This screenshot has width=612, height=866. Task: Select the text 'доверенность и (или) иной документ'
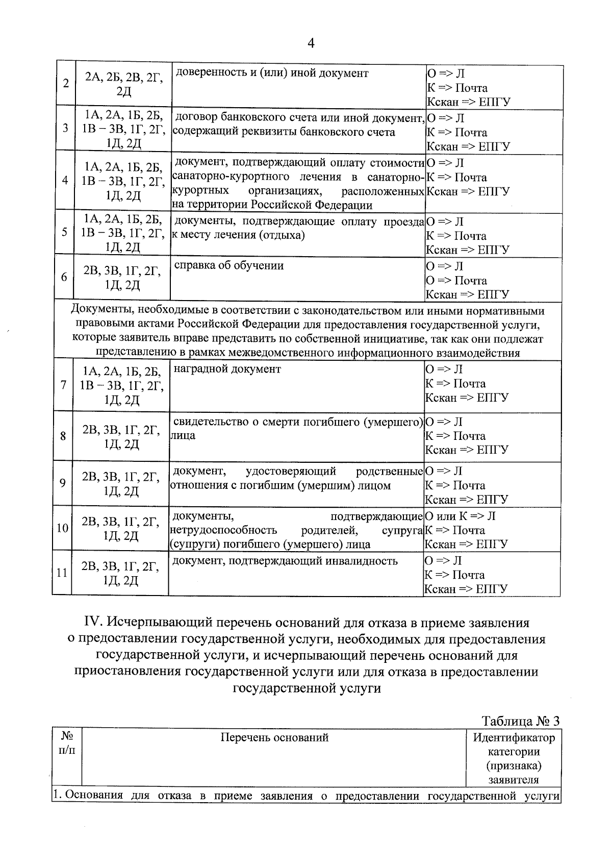pyautogui.click(x=271, y=73)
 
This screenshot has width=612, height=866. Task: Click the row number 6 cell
pyautogui.click(x=64, y=277)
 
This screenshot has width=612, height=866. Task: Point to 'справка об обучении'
pyautogui.click(x=229, y=266)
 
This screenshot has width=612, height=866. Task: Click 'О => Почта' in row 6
pyautogui.click(x=456, y=281)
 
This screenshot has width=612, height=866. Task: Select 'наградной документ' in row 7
pyautogui.click(x=227, y=369)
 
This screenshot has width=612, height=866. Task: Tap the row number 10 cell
pyautogui.click(x=62, y=528)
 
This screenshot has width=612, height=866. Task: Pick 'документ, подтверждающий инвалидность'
pyautogui.click(x=285, y=561)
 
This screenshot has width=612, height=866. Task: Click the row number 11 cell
pyautogui.click(x=62, y=573)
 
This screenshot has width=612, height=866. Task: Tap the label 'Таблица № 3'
pyautogui.click(x=521, y=721)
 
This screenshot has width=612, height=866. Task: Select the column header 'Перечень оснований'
pyautogui.click(x=274, y=737)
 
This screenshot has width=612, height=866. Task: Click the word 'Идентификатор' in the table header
pyautogui.click(x=514, y=737)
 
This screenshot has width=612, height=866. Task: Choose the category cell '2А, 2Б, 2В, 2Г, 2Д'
pyautogui.click(x=123, y=84)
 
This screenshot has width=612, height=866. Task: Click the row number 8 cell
pyautogui.click(x=63, y=436)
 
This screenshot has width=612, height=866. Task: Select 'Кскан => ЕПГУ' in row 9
pyautogui.click(x=467, y=500)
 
